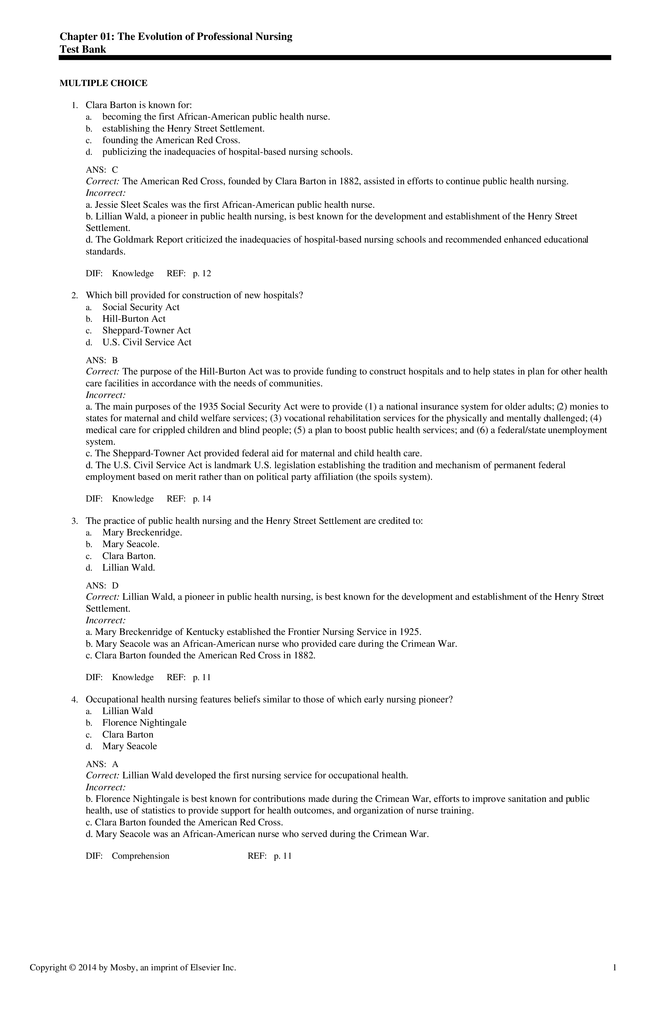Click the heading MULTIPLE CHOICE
tap(103, 83)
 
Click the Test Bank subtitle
tap(82, 49)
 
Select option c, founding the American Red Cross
tap(171, 140)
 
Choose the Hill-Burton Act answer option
tap(134, 319)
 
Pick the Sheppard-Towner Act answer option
tap(146, 330)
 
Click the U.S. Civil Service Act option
tap(147, 342)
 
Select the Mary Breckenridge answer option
tap(142, 532)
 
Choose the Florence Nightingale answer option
tap(144, 723)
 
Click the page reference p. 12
tap(202, 274)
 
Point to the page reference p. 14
tap(202, 499)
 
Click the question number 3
tap(74, 521)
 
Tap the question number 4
tap(74, 699)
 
